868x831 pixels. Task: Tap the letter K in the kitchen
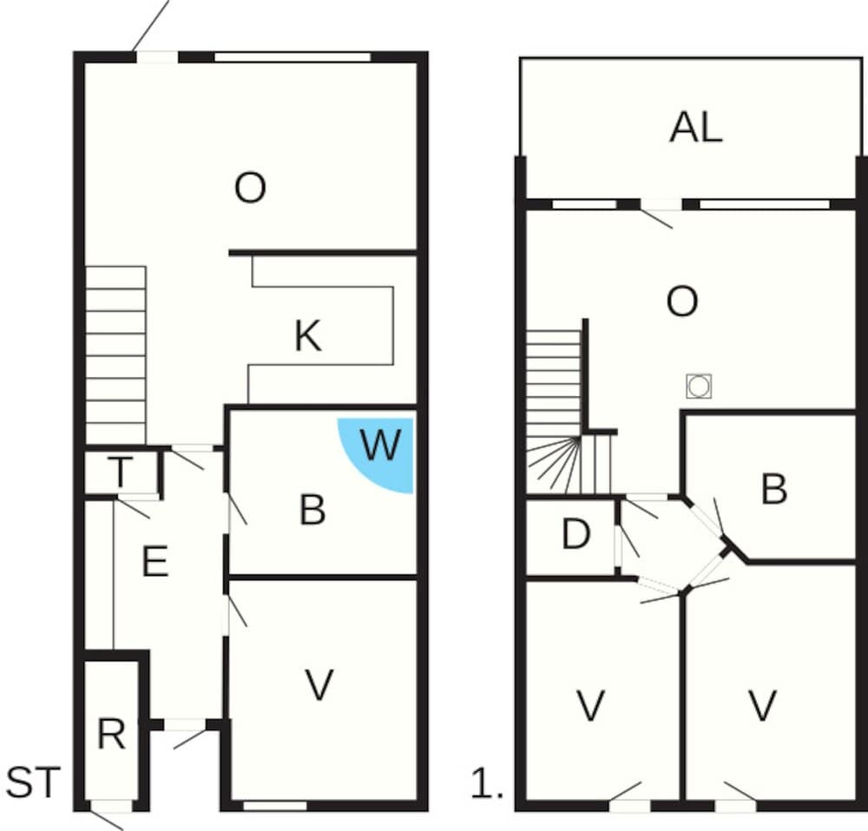tap(307, 336)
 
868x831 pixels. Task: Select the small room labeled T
tap(121, 473)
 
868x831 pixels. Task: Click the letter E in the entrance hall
tap(155, 564)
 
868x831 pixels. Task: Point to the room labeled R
tap(111, 735)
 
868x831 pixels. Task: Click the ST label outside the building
tap(34, 782)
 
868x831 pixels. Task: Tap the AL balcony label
tap(695, 128)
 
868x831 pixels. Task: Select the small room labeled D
tap(575, 535)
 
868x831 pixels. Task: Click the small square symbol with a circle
tap(699, 385)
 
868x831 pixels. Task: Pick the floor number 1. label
tap(487, 785)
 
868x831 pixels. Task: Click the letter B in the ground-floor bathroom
tap(312, 511)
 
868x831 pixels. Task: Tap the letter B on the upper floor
tap(773, 490)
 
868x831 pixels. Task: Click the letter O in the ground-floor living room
tap(250, 188)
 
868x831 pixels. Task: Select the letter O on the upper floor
tap(681, 302)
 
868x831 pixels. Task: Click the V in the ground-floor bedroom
tap(319, 686)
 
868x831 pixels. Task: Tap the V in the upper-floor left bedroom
tap(590, 706)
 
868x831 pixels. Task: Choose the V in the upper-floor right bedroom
tap(761, 706)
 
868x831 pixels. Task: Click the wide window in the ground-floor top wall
tap(293, 58)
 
